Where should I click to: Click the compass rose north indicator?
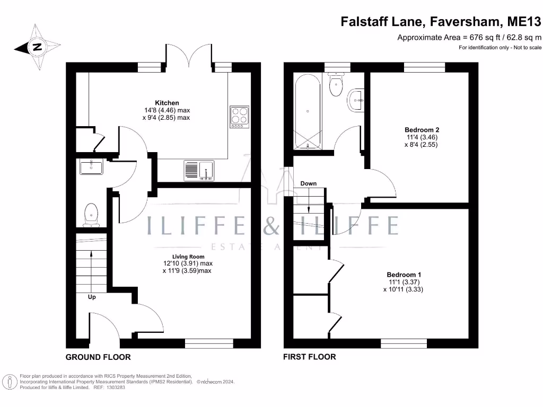[37, 47]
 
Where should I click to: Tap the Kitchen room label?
[167, 103]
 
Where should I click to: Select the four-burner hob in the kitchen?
[239, 117]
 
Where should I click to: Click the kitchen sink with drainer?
[199, 170]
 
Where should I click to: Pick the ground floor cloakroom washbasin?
[91, 167]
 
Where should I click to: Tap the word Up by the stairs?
[92, 297]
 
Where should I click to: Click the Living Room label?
[188, 257]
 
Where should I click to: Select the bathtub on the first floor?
[308, 111]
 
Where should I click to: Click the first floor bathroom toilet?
[336, 84]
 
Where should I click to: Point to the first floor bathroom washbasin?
[356, 100]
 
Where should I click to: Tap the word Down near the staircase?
[308, 183]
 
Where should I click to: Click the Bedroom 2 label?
[422, 130]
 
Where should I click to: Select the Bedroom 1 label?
[404, 275]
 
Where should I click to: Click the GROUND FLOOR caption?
[98, 357]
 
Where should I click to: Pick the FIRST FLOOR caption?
[310, 357]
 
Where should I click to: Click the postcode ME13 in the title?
[524, 21]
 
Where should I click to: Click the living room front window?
[209, 343]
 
